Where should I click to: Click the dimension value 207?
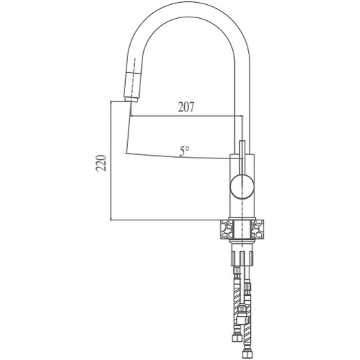(184, 106)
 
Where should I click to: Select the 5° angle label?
(184, 150)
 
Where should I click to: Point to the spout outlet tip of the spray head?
(128, 101)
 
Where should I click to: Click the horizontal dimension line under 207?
(184, 115)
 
